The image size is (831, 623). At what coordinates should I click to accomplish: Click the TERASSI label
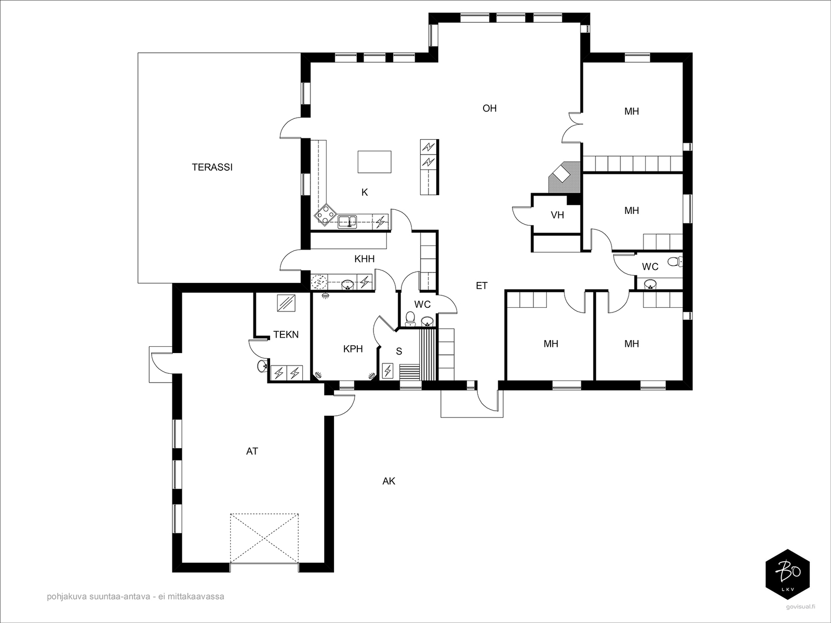212,167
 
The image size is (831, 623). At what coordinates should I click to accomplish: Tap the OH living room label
489,109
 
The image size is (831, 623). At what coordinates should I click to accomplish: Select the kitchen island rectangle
374,161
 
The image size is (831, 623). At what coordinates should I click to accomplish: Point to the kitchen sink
347,222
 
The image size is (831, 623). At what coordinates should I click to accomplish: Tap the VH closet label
557,215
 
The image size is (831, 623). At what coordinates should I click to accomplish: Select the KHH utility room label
364,259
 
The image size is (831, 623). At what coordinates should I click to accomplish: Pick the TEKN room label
286,334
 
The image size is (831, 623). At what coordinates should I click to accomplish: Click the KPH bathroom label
353,349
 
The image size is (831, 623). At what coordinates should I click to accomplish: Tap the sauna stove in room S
387,371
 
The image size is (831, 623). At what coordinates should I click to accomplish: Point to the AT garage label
252,451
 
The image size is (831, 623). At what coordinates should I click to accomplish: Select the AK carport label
389,481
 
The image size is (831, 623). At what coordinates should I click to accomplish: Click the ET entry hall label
481,286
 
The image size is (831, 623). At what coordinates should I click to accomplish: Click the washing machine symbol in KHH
319,282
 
